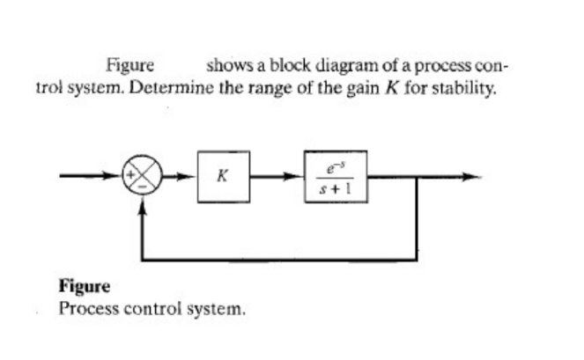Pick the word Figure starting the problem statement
coord(129,65)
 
